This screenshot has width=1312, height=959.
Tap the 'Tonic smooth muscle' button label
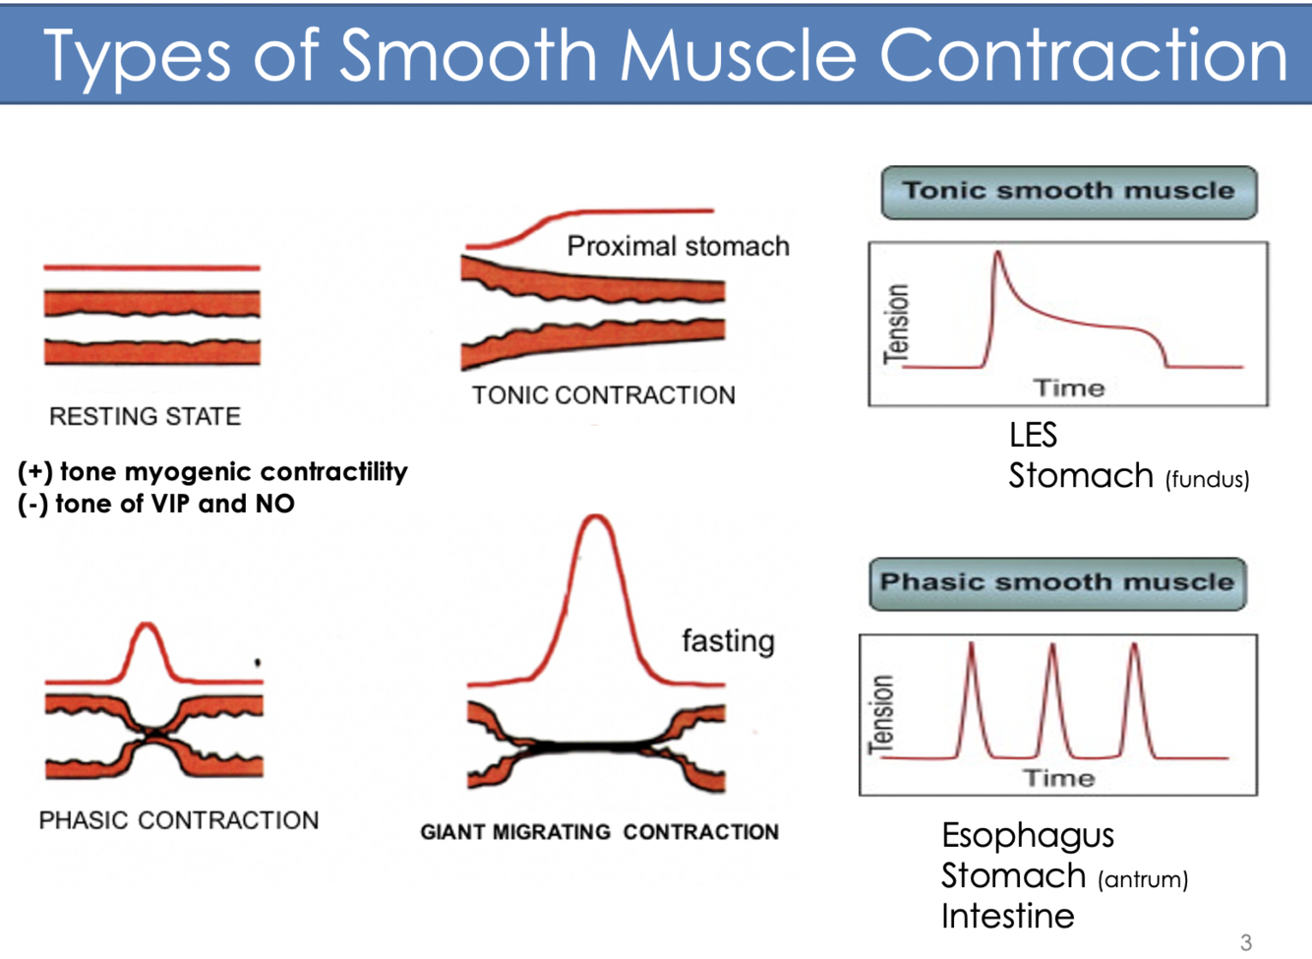coord(1068,191)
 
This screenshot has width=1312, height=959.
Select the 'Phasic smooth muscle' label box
coord(1057,582)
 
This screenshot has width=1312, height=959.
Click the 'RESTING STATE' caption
coord(145,417)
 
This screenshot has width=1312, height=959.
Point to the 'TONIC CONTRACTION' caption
coord(603,395)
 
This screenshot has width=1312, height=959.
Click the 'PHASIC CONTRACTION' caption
coord(178,820)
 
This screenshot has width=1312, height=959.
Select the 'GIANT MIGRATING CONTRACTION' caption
coord(599,832)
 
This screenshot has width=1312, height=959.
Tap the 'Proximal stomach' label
coord(678,246)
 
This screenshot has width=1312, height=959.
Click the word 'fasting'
coord(728,641)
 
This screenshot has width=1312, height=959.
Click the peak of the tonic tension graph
coord(997,254)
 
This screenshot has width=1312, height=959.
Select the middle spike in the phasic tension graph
coord(1052,646)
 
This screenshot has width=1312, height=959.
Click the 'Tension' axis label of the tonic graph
coord(896,324)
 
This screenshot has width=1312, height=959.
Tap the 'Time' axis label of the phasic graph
coord(1058,779)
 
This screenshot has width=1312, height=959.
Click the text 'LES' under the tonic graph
coord(1033,435)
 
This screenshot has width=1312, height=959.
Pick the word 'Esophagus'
coord(1028,836)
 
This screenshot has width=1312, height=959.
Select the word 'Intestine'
coord(1007,917)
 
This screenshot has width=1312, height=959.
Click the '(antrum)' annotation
coord(1143,879)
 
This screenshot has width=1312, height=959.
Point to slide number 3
coord(1246,942)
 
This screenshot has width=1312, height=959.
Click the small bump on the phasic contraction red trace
coord(148,626)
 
